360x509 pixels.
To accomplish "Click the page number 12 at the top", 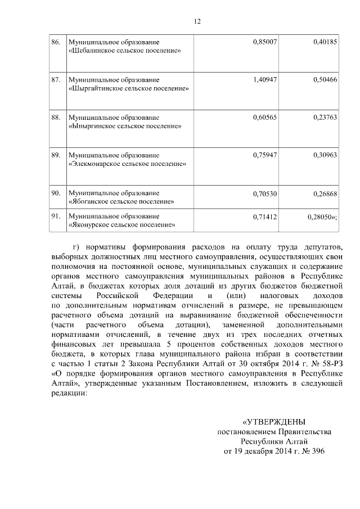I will [x=197, y=21].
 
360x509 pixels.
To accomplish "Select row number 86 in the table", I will [x=55, y=42].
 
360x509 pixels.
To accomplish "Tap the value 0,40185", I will [x=325, y=42].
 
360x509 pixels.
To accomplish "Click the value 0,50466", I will [x=325, y=80].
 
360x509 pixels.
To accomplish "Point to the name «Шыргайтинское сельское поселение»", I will [x=128, y=89].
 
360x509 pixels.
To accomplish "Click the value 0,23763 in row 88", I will [x=325, y=118].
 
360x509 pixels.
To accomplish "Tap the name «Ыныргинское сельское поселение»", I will [x=124, y=127].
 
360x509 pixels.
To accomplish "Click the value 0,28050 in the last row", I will [x=322, y=216].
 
